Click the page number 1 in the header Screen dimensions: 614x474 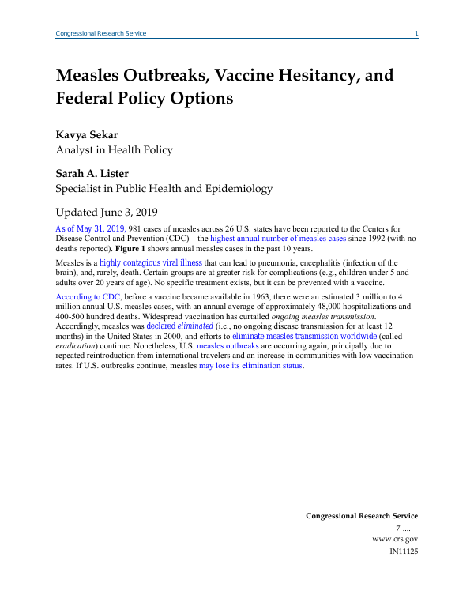tap(416, 33)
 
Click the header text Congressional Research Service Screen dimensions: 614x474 tap(100, 33)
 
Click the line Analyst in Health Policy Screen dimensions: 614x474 tap(114, 149)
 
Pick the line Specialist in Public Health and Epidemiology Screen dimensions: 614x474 tap(164, 189)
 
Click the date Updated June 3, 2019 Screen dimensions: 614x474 tap(107, 212)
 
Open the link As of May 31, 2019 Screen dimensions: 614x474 tap(91, 228)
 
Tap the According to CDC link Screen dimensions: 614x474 tap(87, 296)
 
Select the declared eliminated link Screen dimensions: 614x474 tap(180, 325)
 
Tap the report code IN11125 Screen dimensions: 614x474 tap(404, 550)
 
